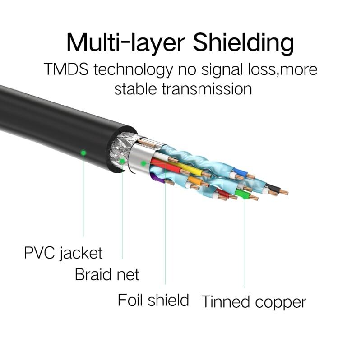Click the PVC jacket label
pyautogui.click(x=63, y=253)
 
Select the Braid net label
pyautogui.click(x=107, y=274)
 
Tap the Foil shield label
pyautogui.click(x=153, y=300)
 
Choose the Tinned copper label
pyautogui.click(x=254, y=301)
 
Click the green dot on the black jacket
pyautogui.click(x=83, y=153)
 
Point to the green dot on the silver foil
pyautogui.click(x=143, y=162)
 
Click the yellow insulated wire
pyautogui.click(x=190, y=170)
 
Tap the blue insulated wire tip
pyautogui.click(x=239, y=173)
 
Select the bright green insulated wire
pyautogui.click(x=242, y=194)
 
